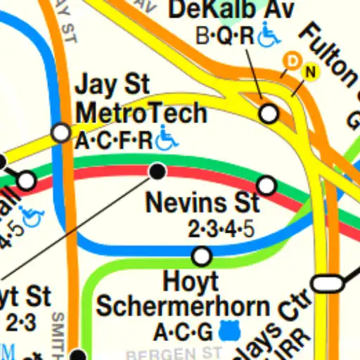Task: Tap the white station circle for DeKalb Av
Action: tap(269, 113)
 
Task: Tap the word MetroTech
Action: tap(141, 112)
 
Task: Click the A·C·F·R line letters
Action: tap(114, 141)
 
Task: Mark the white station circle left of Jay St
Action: tap(61, 132)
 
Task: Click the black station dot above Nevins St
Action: tap(158, 170)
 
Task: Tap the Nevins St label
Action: tap(202, 203)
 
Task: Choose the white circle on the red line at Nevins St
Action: tap(266, 186)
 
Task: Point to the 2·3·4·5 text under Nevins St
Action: tap(221, 229)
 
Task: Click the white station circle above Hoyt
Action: tap(202, 257)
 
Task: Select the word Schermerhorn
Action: tap(183, 307)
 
